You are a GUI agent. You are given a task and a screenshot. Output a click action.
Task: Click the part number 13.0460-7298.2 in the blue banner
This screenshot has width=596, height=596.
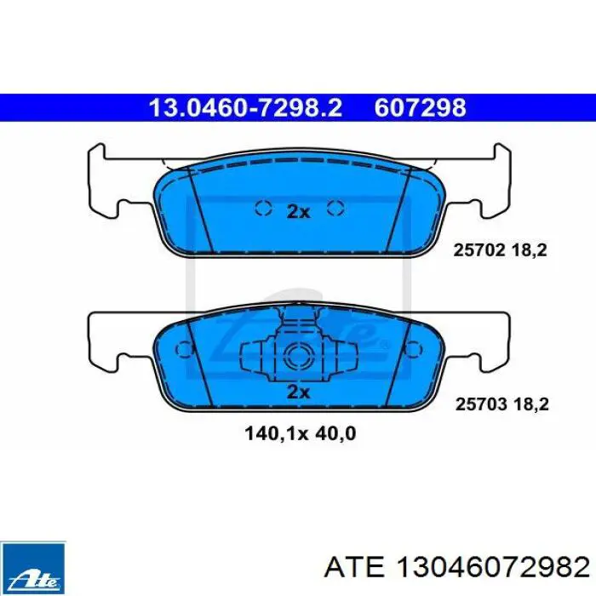pos(245,107)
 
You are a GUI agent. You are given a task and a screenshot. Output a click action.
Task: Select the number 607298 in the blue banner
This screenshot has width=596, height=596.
pos(420,107)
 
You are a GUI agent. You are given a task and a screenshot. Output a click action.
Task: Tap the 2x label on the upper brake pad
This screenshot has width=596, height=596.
pos(298,212)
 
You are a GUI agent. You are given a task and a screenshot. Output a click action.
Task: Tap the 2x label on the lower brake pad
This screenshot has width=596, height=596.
pos(298,392)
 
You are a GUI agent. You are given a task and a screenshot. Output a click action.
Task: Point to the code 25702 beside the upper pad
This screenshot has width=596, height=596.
pos(479,250)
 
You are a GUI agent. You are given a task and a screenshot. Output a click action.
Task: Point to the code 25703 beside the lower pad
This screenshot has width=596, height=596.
pos(481,404)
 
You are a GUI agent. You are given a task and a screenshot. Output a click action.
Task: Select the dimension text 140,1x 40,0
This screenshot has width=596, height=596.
pos(301,433)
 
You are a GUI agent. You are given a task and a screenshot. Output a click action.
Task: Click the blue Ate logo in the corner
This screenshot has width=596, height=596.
pos(33,568)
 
